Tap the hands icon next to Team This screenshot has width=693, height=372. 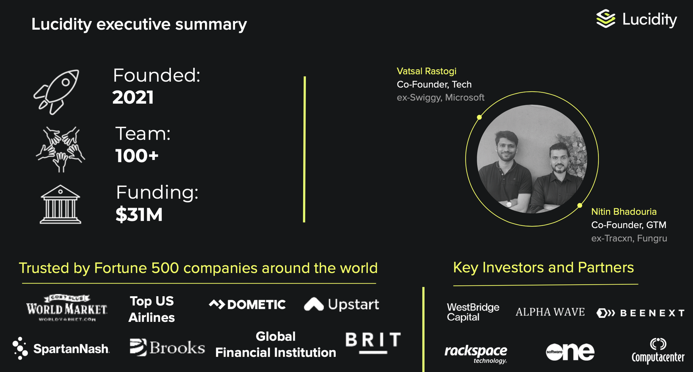(x=61, y=149)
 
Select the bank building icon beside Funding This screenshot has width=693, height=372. (x=60, y=205)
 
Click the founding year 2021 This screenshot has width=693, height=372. (x=133, y=97)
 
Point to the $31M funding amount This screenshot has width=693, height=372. (x=139, y=215)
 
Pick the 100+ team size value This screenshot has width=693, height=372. (x=137, y=156)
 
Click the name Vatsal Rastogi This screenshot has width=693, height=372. (x=427, y=71)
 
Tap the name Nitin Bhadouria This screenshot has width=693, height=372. (x=624, y=211)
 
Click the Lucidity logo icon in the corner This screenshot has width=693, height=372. (x=606, y=19)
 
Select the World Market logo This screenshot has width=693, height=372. (x=67, y=308)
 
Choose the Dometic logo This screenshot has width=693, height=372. (x=247, y=305)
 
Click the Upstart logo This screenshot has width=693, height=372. (x=341, y=304)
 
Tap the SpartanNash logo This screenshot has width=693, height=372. (x=61, y=348)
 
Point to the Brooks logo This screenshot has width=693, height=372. (x=167, y=347)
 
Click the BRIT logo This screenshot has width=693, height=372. (x=373, y=342)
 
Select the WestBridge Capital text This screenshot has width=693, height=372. (x=473, y=312)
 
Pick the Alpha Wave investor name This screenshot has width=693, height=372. (x=550, y=312)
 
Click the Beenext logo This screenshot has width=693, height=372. (x=641, y=313)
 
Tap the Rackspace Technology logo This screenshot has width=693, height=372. (x=476, y=354)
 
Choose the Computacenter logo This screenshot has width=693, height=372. (x=658, y=350)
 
